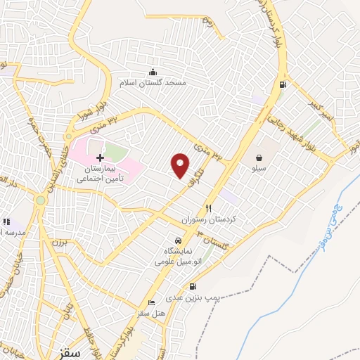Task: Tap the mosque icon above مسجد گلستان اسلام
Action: click(x=153, y=72)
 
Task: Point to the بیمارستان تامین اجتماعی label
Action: click(x=100, y=174)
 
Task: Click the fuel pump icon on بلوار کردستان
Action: click(x=283, y=86)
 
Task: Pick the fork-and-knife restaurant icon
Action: click(x=208, y=208)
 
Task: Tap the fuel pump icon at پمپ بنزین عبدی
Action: click(x=191, y=286)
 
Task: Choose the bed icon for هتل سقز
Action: click(x=151, y=302)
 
